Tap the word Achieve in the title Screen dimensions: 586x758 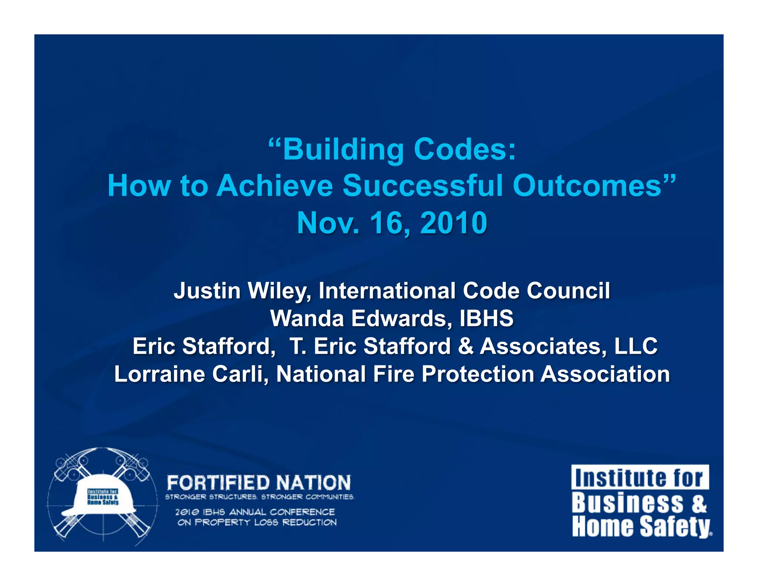274,186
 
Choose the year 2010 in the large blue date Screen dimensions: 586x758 453,223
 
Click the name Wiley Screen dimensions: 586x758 279,291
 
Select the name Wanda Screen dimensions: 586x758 307,318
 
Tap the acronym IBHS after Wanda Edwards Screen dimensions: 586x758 486,318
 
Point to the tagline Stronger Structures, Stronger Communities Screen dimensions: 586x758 259,497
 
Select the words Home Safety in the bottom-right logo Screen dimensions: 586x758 641,527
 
